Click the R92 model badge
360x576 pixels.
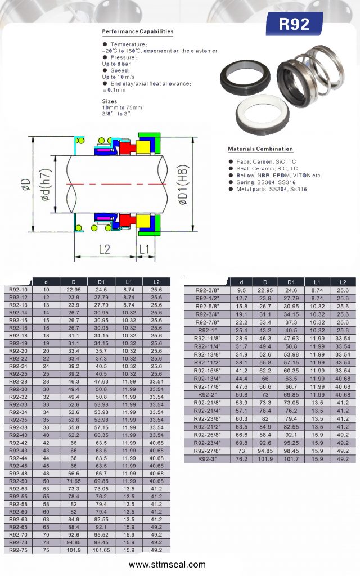coord(294,24)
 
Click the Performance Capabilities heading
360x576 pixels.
coord(138,31)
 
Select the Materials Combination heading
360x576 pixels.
coord(260,148)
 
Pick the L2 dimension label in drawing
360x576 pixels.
coord(104,249)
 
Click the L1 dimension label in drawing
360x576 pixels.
coord(144,249)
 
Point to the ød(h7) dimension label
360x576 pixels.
coord(45,184)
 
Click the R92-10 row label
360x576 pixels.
coord(19,290)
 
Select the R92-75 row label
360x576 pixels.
coord(19,550)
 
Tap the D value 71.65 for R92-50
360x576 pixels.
coord(74,481)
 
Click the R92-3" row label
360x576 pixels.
coord(207,459)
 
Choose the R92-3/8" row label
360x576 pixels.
coord(207,290)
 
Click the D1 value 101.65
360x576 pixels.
coord(101,550)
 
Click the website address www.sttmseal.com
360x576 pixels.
coord(167,565)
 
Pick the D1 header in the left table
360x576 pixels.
coord(101,282)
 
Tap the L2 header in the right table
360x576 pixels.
coord(343,282)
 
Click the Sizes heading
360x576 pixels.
coord(110,101)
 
